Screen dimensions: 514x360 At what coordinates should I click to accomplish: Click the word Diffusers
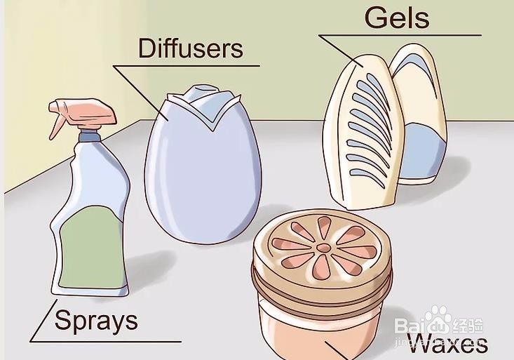(190, 48)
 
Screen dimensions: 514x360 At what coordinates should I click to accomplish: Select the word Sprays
(96, 321)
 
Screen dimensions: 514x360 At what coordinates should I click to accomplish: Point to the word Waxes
(447, 344)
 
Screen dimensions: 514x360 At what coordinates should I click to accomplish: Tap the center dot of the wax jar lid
(323, 248)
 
